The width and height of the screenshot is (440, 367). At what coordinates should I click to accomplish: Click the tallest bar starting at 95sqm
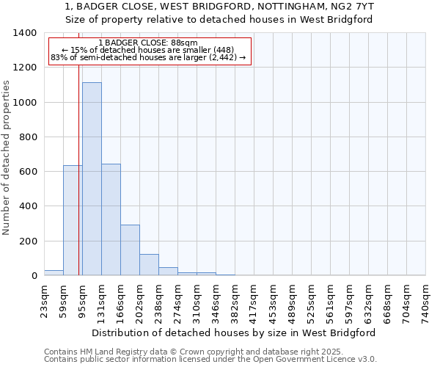(x=92, y=179)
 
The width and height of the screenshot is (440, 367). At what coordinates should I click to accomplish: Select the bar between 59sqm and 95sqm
(x=73, y=220)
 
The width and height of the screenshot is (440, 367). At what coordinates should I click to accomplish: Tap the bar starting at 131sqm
(x=111, y=219)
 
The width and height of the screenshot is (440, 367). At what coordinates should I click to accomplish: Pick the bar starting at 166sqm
(x=130, y=250)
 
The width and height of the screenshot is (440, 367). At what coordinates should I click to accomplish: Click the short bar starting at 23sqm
(x=54, y=272)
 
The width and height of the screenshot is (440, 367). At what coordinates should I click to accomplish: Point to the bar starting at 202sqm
(x=149, y=264)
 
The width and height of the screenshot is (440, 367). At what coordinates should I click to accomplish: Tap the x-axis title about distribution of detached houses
(x=235, y=333)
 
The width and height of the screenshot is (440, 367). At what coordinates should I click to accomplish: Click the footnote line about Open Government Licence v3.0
(x=210, y=360)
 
